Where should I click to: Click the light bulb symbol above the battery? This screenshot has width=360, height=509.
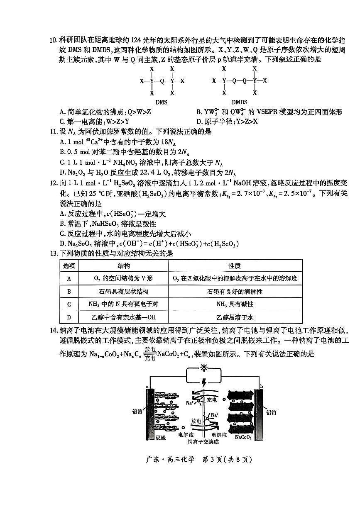[x=203, y=368]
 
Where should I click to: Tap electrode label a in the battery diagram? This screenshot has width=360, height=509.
[x=147, y=386]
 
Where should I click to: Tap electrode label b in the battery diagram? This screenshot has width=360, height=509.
[x=260, y=386]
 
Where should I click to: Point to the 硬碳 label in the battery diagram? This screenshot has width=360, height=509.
[x=161, y=437]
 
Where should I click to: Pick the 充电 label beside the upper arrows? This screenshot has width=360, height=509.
[x=211, y=400]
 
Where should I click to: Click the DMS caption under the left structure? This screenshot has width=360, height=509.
[x=162, y=102]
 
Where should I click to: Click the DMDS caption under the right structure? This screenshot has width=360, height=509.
[x=239, y=102]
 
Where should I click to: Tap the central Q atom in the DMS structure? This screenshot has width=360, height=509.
[x=162, y=81]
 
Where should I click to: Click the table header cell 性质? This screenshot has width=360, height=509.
[x=235, y=266]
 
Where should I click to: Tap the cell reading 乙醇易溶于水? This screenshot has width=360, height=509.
[x=235, y=317]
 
